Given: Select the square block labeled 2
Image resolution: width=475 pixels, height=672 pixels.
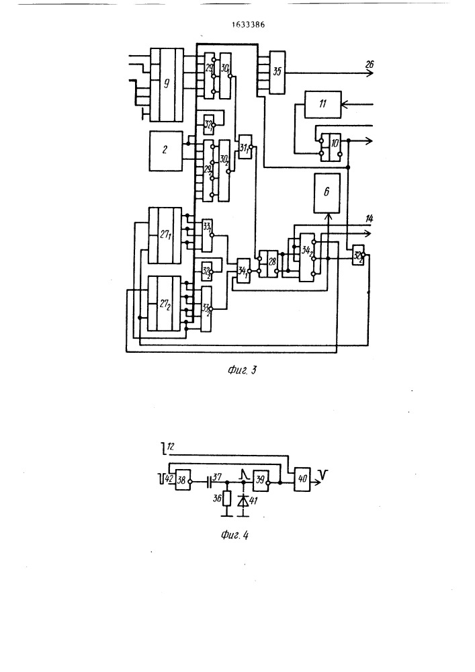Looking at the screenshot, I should tap(165, 150).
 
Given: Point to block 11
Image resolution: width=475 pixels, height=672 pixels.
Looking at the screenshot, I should tap(322, 104).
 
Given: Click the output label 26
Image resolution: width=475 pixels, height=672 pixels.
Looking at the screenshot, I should tap(370, 65).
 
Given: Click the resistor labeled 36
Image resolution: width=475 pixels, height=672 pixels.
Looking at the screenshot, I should tap(227, 500).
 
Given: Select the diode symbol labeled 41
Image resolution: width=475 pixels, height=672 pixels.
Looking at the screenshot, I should tap(243, 500).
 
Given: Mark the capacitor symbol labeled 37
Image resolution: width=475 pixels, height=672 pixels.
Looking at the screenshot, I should tap(208, 482).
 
